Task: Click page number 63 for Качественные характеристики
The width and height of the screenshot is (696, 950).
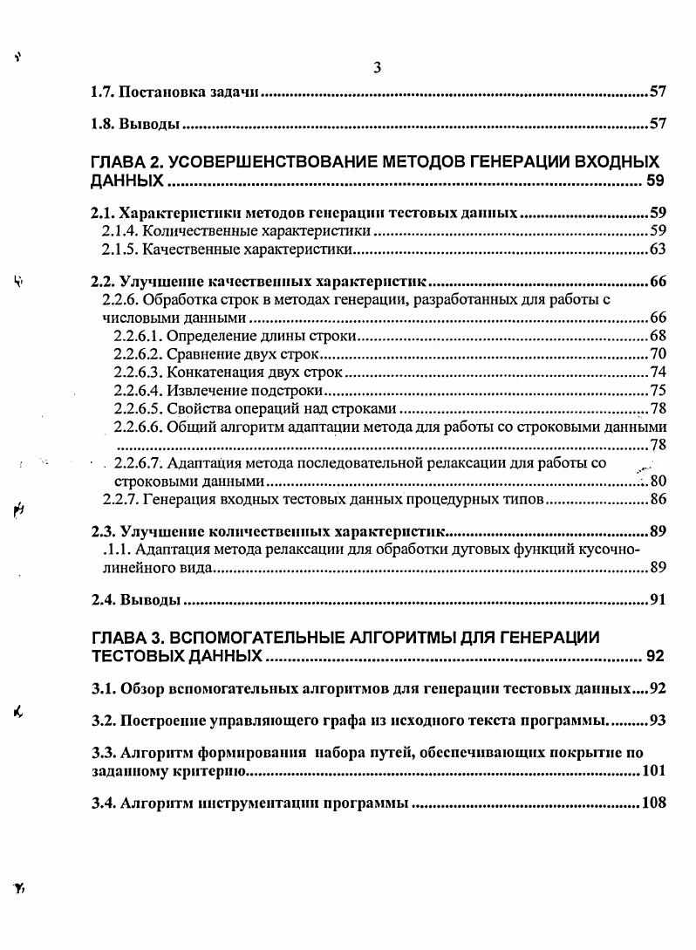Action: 658,250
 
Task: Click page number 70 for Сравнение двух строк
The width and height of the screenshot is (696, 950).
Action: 658,354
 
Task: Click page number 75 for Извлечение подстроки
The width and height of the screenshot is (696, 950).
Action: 658,390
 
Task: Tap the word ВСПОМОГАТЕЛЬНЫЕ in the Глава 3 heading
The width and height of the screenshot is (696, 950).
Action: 280,637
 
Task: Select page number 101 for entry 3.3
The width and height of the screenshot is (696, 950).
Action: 653,771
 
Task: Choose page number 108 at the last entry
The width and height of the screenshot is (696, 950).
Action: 653,803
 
